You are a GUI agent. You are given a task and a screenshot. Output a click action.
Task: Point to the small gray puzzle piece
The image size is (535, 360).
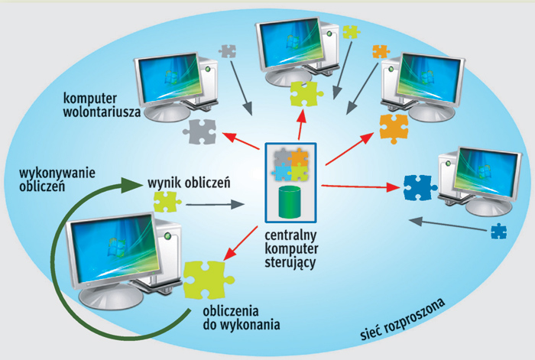point(227,51)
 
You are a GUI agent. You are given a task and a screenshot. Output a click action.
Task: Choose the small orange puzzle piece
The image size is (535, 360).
point(380,52)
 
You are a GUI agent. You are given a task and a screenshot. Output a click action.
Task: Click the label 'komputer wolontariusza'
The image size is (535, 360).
point(103,105)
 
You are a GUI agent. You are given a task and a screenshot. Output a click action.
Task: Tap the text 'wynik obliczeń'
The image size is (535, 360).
point(189,183)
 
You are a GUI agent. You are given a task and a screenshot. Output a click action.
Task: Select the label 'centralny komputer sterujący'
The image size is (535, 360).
point(290,248)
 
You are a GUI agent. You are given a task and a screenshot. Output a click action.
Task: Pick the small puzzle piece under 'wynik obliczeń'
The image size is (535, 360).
point(167,202)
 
